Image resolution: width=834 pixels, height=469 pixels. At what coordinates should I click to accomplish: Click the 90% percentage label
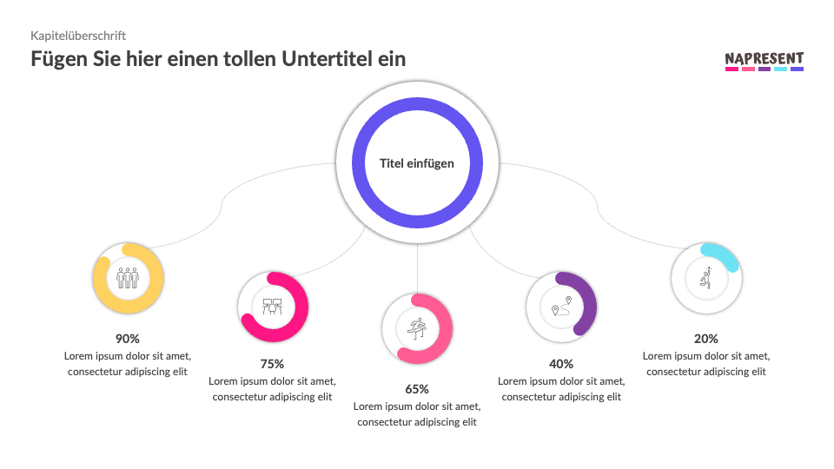click(128, 339)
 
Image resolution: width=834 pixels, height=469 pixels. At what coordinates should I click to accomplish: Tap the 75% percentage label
click(272, 364)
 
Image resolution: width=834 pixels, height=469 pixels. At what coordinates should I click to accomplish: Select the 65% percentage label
click(417, 389)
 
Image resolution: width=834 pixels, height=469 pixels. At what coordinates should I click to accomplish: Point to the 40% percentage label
click(561, 364)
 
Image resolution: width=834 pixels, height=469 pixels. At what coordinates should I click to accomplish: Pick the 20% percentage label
click(706, 339)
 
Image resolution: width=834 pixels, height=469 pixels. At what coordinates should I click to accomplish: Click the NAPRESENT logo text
click(764, 58)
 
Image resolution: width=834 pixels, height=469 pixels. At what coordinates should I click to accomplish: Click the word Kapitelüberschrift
click(78, 36)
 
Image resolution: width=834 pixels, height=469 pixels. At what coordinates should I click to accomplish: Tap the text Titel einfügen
click(417, 163)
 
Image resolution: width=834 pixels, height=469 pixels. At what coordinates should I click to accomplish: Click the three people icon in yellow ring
click(128, 278)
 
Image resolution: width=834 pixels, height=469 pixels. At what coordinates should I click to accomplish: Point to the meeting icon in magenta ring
click(273, 306)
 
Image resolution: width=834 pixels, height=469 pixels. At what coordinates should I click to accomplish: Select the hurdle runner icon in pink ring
click(417, 328)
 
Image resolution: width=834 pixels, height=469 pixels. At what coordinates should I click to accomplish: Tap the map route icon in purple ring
click(561, 306)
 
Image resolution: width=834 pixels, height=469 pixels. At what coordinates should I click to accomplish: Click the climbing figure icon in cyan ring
click(706, 278)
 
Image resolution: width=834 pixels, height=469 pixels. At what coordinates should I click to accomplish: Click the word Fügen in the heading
click(59, 59)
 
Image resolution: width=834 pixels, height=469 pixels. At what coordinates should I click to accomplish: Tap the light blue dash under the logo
click(780, 69)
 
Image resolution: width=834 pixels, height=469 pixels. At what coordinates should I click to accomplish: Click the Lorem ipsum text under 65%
click(417, 414)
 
